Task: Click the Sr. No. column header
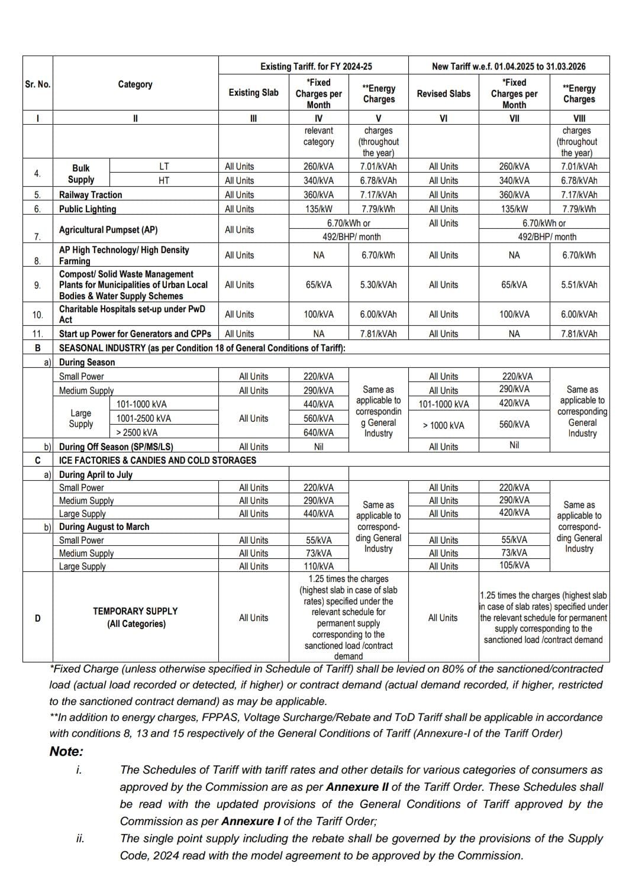point(37,84)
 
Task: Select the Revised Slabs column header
point(443,93)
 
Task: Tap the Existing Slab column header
point(253,92)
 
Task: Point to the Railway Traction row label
point(91,195)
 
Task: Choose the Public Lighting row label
point(88,209)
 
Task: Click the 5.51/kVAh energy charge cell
point(579,285)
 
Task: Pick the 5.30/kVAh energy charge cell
point(378,285)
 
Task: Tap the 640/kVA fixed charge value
point(318,432)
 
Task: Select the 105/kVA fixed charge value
point(514,565)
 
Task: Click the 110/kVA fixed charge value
point(318,566)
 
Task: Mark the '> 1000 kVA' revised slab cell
point(443,425)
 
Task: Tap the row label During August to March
point(104,526)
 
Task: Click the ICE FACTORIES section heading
point(157,460)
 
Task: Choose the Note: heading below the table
point(66,752)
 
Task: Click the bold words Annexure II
point(353,787)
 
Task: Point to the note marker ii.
point(80,838)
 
